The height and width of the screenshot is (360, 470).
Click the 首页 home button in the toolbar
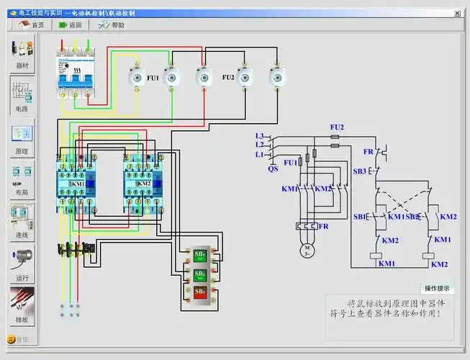pos(31,24)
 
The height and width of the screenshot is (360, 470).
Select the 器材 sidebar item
pos(22,53)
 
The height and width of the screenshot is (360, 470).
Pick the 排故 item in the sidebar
pos(22,303)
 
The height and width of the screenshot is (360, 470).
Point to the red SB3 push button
pos(200,292)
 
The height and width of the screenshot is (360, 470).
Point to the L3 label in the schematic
pos(260,135)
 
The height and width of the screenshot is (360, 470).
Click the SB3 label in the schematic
pos(360,171)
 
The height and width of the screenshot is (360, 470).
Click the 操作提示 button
pos(437,288)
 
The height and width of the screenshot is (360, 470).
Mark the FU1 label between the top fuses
pos(152,77)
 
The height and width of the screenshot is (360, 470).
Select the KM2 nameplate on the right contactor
pos(143,184)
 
